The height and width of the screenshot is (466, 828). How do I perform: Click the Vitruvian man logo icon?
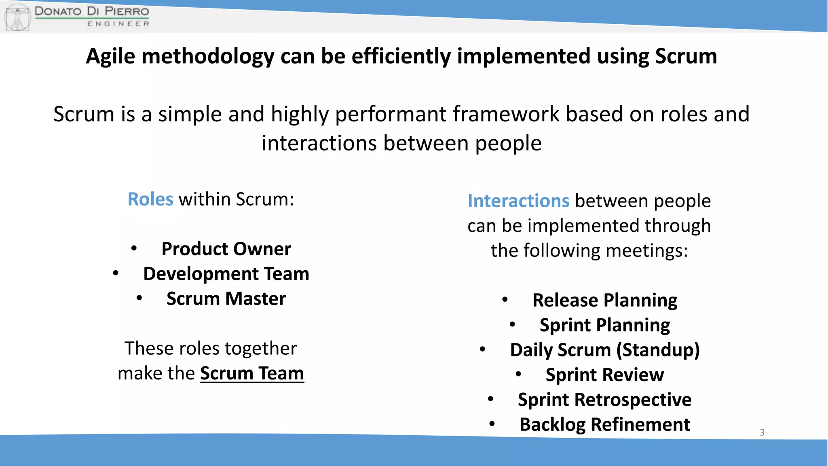[x=17, y=17]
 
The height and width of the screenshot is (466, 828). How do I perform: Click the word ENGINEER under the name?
[x=118, y=24]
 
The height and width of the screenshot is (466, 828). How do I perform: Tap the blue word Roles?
[x=150, y=199]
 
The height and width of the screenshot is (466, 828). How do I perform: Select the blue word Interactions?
[x=518, y=201]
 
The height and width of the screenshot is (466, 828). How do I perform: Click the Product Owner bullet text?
[x=226, y=249]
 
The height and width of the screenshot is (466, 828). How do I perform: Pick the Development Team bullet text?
[x=226, y=274]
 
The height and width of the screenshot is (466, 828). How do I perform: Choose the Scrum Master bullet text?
[x=226, y=299]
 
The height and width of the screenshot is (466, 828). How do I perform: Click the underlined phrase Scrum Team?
[x=252, y=373]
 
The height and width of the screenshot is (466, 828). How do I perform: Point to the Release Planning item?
[x=604, y=301]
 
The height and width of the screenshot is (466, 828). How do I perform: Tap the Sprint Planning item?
[x=604, y=325]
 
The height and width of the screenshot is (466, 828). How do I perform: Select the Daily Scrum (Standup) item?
[x=604, y=350]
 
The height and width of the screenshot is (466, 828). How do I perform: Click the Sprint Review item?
[x=604, y=375]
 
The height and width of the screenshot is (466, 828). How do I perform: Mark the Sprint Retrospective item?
[x=604, y=400]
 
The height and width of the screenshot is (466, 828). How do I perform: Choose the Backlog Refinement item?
[x=604, y=425]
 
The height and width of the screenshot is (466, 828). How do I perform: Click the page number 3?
[x=762, y=432]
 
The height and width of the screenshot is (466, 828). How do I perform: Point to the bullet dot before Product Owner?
[x=134, y=248]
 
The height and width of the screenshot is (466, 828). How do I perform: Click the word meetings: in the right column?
[x=646, y=251]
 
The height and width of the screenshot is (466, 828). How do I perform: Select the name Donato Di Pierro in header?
[x=92, y=11]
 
